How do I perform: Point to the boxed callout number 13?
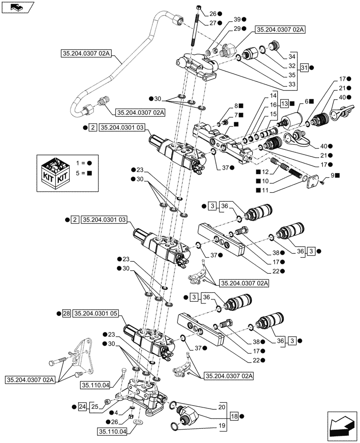[x=284, y=104]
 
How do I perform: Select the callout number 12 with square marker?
[x=278, y=172]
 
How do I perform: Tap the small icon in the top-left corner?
[x=16, y=7]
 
